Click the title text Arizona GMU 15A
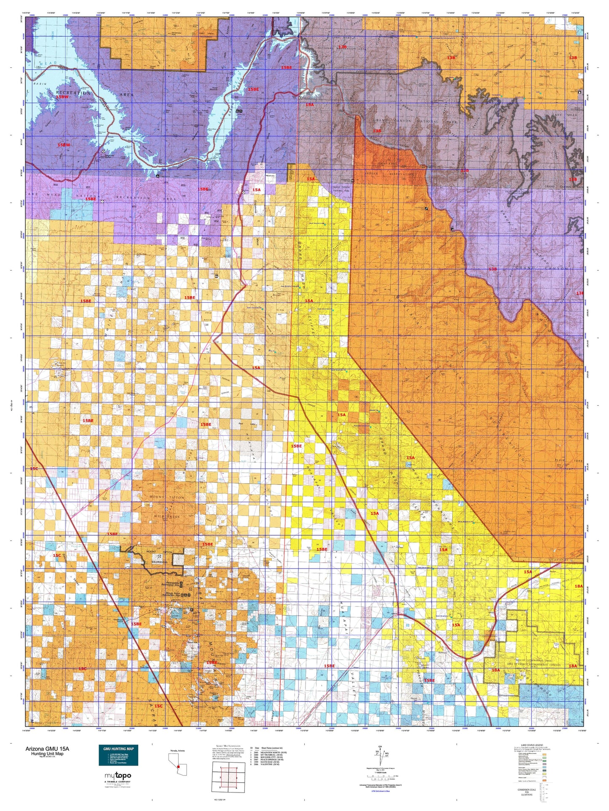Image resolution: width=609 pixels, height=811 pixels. (x=47, y=749)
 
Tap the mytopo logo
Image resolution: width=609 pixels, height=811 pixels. (x=118, y=775)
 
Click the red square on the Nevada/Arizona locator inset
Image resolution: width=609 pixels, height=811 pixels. (x=179, y=766)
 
